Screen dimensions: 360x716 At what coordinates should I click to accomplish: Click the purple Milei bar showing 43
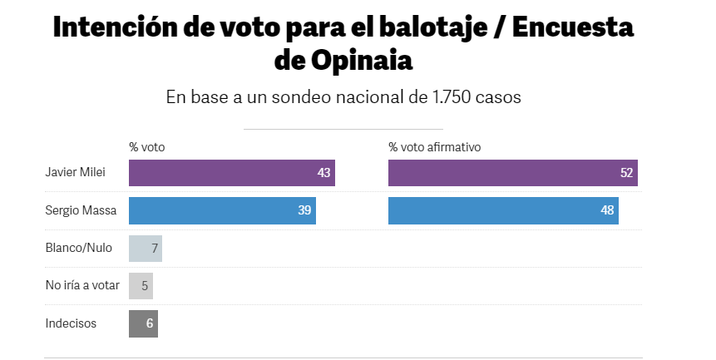(231, 173)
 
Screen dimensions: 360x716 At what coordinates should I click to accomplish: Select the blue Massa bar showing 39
(222, 210)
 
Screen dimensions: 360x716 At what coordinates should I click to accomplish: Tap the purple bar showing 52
(512, 173)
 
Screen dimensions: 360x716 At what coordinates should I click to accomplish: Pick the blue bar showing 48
(503, 210)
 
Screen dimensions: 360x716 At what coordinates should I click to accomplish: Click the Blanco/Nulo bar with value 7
(146, 249)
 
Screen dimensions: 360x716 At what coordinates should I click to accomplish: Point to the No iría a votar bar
(141, 286)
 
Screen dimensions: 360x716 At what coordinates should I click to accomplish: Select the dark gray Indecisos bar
(143, 323)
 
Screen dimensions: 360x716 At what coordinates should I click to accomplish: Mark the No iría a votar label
(82, 286)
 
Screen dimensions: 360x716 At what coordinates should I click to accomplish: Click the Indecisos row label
(71, 323)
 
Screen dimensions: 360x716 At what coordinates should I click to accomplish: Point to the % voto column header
(147, 146)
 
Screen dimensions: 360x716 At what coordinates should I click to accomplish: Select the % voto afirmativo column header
(435, 146)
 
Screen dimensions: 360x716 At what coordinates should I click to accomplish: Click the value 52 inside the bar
(626, 173)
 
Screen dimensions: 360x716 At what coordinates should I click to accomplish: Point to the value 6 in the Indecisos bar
(150, 323)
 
